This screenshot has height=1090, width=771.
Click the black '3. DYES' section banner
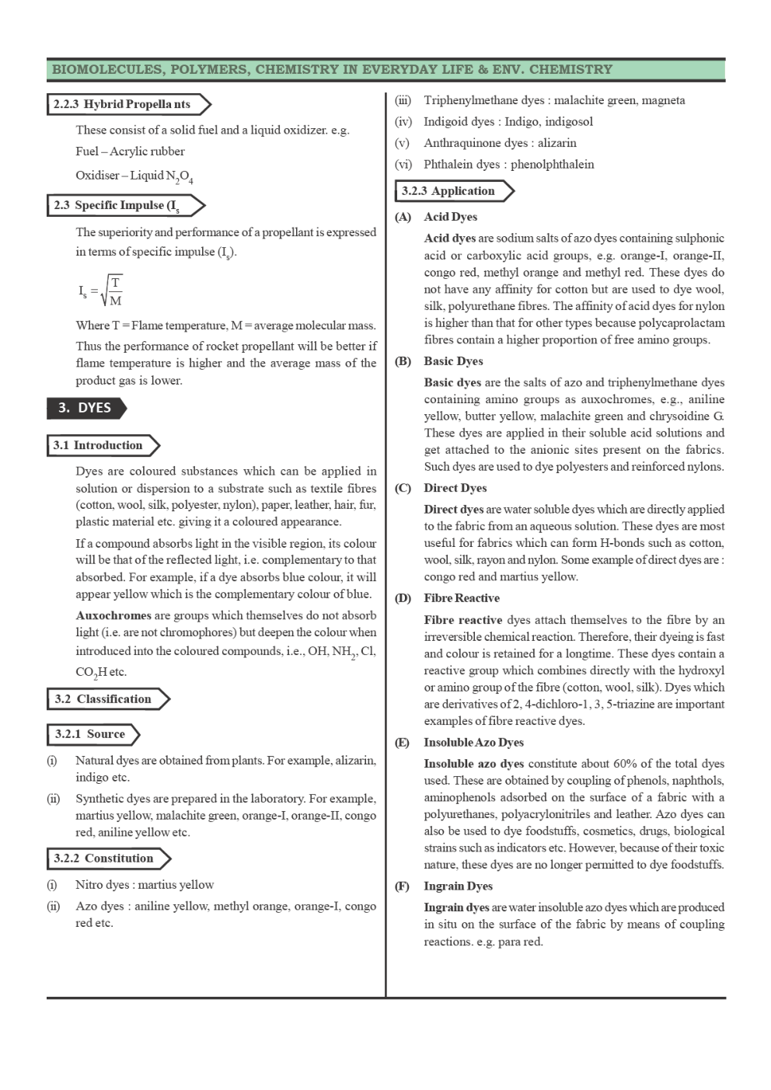click(x=85, y=408)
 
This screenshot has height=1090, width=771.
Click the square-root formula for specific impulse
click(x=101, y=291)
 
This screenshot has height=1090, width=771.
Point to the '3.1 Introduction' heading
click(x=100, y=445)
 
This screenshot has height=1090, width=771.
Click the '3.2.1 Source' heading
click(x=91, y=734)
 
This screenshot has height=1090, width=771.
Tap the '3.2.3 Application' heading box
click(x=451, y=191)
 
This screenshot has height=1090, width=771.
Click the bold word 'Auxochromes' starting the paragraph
click(x=113, y=615)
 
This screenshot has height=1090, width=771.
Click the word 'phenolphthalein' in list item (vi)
click(x=552, y=165)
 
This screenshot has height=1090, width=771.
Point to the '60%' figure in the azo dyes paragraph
click(x=625, y=764)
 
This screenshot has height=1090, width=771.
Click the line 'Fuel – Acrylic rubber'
click(x=130, y=151)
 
